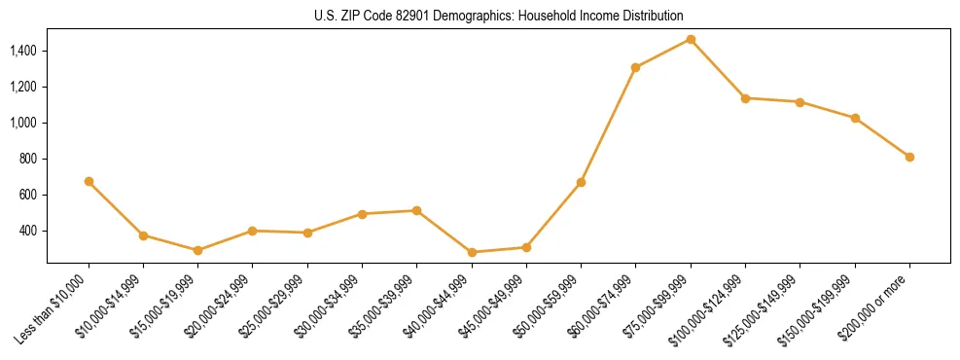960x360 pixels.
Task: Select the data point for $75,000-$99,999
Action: tap(691, 39)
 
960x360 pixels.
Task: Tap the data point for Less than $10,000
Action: tap(89, 181)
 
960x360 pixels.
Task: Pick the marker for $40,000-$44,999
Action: tap(472, 252)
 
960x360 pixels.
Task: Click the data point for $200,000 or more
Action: tap(909, 157)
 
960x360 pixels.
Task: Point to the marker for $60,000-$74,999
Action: tap(635, 67)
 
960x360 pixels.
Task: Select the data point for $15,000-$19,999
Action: tap(197, 250)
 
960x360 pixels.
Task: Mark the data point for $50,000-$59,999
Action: tap(581, 182)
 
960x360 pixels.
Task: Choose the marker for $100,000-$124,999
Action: tap(745, 98)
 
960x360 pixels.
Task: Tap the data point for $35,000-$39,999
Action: tap(416, 210)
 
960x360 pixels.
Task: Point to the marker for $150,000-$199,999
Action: tap(855, 118)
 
